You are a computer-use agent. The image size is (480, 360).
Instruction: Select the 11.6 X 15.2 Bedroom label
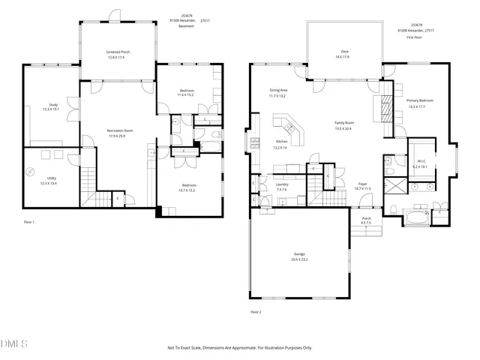pos(185,93)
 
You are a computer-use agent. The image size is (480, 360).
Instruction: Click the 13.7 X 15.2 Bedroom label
pos(189,187)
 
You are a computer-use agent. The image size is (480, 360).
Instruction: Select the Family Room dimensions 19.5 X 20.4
pos(344,127)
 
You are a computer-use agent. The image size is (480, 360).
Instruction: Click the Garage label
pos(299,256)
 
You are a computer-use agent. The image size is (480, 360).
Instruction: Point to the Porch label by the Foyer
pos(366,220)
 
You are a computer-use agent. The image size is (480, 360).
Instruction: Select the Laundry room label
pos(282,186)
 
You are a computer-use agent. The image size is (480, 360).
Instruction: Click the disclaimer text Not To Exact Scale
pos(240,347)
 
